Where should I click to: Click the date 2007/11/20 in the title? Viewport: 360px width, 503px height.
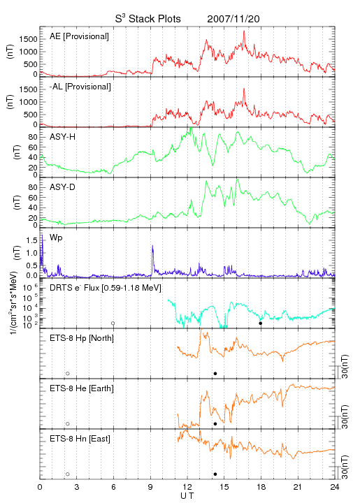(233, 19)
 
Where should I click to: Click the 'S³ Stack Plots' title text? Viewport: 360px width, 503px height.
(148, 19)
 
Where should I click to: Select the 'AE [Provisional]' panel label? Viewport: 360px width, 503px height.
(79, 36)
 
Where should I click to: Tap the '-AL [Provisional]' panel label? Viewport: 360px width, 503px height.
(80, 87)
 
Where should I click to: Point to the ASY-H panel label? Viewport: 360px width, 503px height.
(63, 137)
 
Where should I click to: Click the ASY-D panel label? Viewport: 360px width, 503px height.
(63, 187)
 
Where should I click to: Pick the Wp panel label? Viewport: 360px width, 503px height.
(56, 238)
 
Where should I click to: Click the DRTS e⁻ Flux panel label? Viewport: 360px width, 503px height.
(106, 288)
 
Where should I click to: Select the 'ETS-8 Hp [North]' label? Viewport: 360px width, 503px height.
(82, 338)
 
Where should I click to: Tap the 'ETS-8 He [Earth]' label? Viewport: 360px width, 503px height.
(82, 388)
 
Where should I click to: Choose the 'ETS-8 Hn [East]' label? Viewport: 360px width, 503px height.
(80, 439)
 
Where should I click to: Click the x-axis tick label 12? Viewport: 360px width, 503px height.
(187, 487)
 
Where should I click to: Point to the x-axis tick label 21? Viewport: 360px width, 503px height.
(298, 487)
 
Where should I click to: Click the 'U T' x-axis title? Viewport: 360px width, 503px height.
(187, 496)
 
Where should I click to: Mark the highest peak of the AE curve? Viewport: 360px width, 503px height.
(244, 31)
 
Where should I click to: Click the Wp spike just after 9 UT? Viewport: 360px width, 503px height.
(152, 246)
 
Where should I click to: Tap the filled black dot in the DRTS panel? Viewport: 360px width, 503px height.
(261, 323)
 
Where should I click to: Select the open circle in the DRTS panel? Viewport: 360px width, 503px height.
(113, 323)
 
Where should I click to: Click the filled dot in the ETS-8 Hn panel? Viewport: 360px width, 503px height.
(215, 474)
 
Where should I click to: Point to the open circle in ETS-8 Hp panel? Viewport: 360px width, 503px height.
(68, 374)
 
